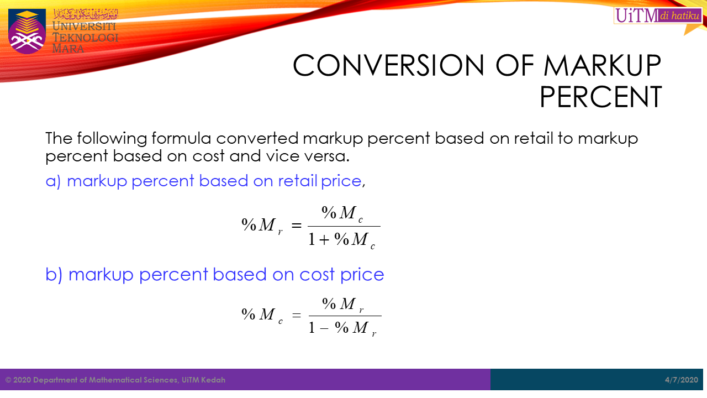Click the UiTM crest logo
pyautogui.click(x=27, y=32)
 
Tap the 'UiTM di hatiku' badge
pyautogui.click(x=658, y=15)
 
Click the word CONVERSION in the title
pyautogui.click(x=388, y=65)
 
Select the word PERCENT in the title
pyautogui.click(x=600, y=97)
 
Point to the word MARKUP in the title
pyautogui.click(x=602, y=65)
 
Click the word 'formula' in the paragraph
pyautogui.click(x=181, y=138)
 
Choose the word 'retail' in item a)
pyautogui.click(x=297, y=181)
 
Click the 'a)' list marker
pyautogui.click(x=53, y=181)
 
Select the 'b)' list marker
pyautogui.click(x=54, y=274)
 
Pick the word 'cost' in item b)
pyautogui.click(x=317, y=275)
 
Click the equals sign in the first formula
pyautogui.click(x=297, y=225)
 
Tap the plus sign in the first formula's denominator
pyautogui.click(x=324, y=240)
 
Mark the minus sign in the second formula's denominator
pyautogui.click(x=324, y=328)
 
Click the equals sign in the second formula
pyautogui.click(x=297, y=315)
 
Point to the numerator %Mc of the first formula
pyautogui.click(x=342, y=214)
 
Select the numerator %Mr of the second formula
pyautogui.click(x=343, y=305)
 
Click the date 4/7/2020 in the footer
pyautogui.click(x=682, y=380)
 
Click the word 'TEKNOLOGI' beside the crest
pyautogui.click(x=85, y=38)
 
